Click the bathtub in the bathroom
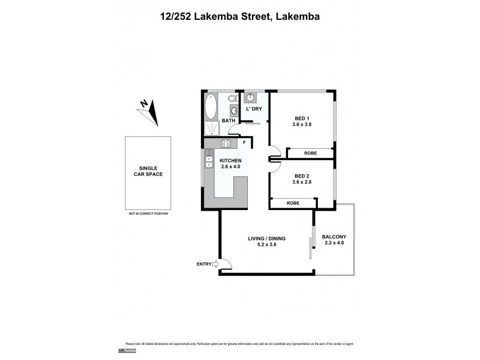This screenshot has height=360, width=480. click(211, 107)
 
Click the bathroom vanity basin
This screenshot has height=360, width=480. click(233, 110)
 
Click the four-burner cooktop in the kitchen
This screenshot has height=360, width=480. click(227, 143)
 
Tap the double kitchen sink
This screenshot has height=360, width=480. click(209, 161)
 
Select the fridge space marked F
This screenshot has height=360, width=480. click(244, 143)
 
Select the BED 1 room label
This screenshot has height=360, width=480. click(301, 117)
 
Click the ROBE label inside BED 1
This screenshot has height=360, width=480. click(310, 153)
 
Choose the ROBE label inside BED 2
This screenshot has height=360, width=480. click(293, 203)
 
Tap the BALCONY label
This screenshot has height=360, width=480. click(334, 236)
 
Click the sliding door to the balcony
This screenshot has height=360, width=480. click(312, 243)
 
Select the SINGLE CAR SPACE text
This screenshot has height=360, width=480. click(147, 171)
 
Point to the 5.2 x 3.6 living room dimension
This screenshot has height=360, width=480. click(266, 245)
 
